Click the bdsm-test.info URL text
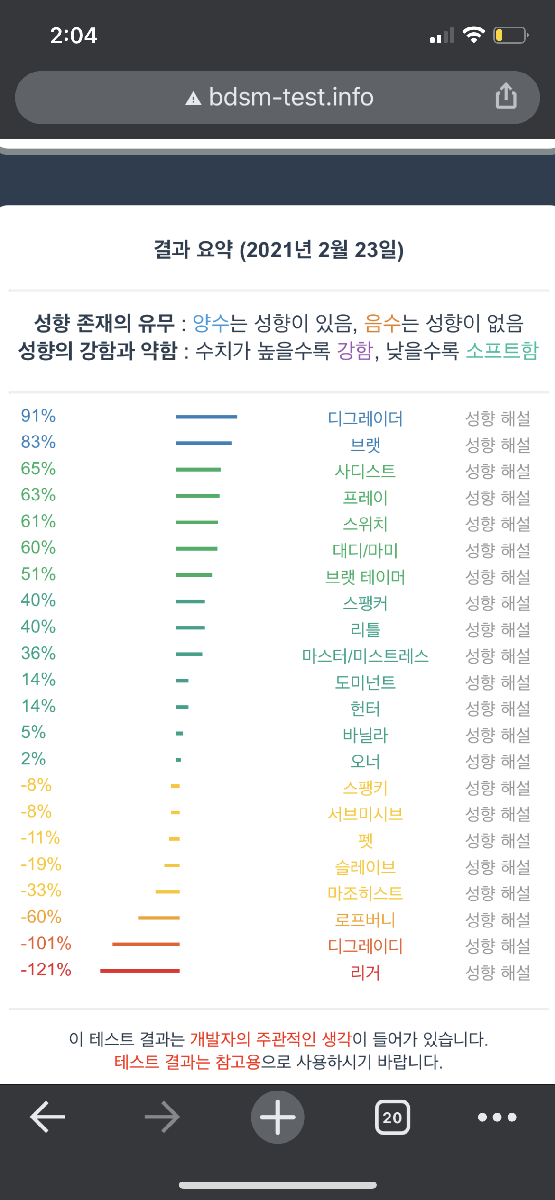[x=291, y=97]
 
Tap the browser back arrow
[x=48, y=1117]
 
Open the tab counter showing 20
[x=392, y=1117]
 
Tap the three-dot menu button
[x=497, y=1117]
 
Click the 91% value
[x=38, y=416]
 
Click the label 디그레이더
[x=365, y=418]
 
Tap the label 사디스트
[x=365, y=471]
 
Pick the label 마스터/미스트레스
[x=365, y=656]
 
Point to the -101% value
[x=46, y=943]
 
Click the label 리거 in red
[x=365, y=973]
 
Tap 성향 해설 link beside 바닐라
[x=498, y=735]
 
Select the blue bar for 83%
[x=204, y=443]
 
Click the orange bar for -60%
[x=159, y=918]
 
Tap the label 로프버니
[x=365, y=920]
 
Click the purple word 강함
[x=355, y=351]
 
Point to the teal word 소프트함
[x=502, y=351]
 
